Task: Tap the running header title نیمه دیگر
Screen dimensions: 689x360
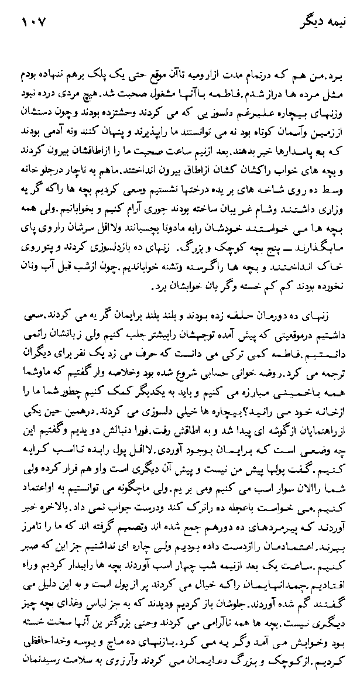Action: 319,24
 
